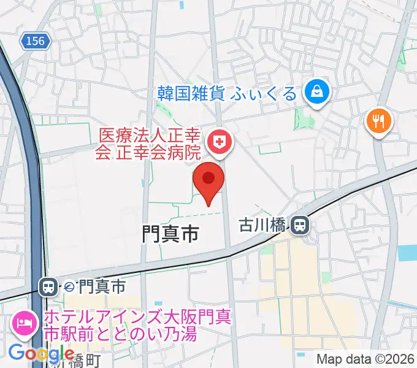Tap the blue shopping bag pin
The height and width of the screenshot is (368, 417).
tap(318, 94)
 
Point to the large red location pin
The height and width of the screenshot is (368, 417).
tap(208, 181)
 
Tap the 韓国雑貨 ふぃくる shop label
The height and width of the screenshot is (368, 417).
tap(228, 93)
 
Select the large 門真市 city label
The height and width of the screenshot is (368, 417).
tap(170, 233)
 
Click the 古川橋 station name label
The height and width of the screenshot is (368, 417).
tap(262, 226)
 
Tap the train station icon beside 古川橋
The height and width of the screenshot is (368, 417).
tap(300, 225)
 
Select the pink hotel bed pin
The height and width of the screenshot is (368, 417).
tap(23, 322)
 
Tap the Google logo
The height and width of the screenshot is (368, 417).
tap(41, 354)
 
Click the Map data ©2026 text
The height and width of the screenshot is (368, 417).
tap(365, 358)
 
